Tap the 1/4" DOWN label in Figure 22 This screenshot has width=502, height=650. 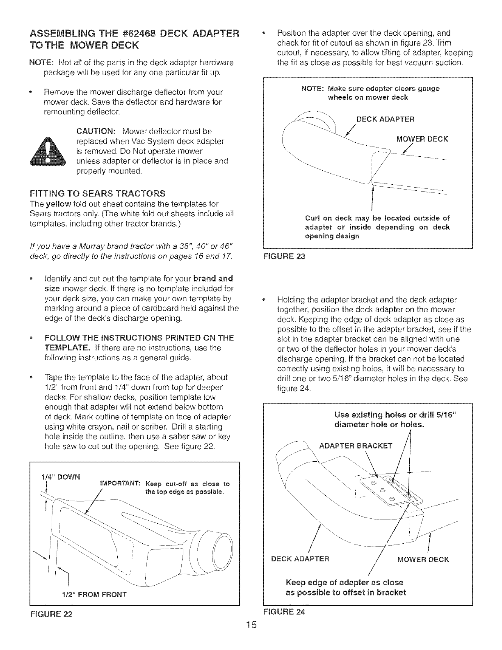tap(61, 477)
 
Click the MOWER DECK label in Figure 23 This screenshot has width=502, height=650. tap(422, 139)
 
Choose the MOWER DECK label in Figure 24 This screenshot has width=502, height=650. tap(424, 559)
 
